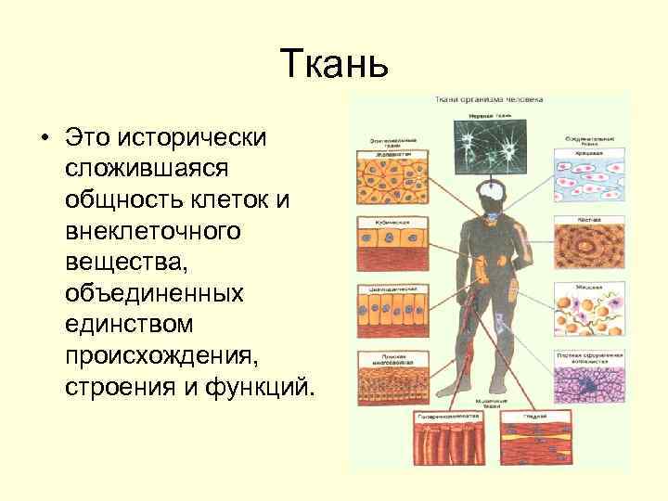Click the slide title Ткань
coord(333,66)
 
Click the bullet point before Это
coord(44,138)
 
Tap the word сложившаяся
coord(138,169)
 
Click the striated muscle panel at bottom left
coord(450,443)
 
